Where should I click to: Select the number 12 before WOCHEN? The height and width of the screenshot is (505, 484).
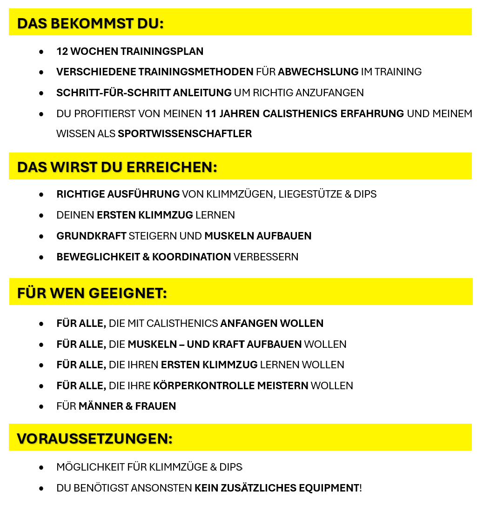62,51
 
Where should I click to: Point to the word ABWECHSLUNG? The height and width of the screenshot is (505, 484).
318,72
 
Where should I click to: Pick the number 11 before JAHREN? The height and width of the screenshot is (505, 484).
211,114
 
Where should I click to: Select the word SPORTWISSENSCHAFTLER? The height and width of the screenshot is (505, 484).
185,134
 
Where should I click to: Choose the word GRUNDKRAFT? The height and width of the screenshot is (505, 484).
91,236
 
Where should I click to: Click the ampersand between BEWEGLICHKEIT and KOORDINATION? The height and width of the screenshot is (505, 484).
146,257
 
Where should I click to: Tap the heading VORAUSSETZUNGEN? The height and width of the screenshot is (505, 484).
94,439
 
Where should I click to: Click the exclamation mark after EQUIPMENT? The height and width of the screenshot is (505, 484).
361,488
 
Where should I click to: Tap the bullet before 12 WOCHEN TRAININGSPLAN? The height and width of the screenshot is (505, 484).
41,52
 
